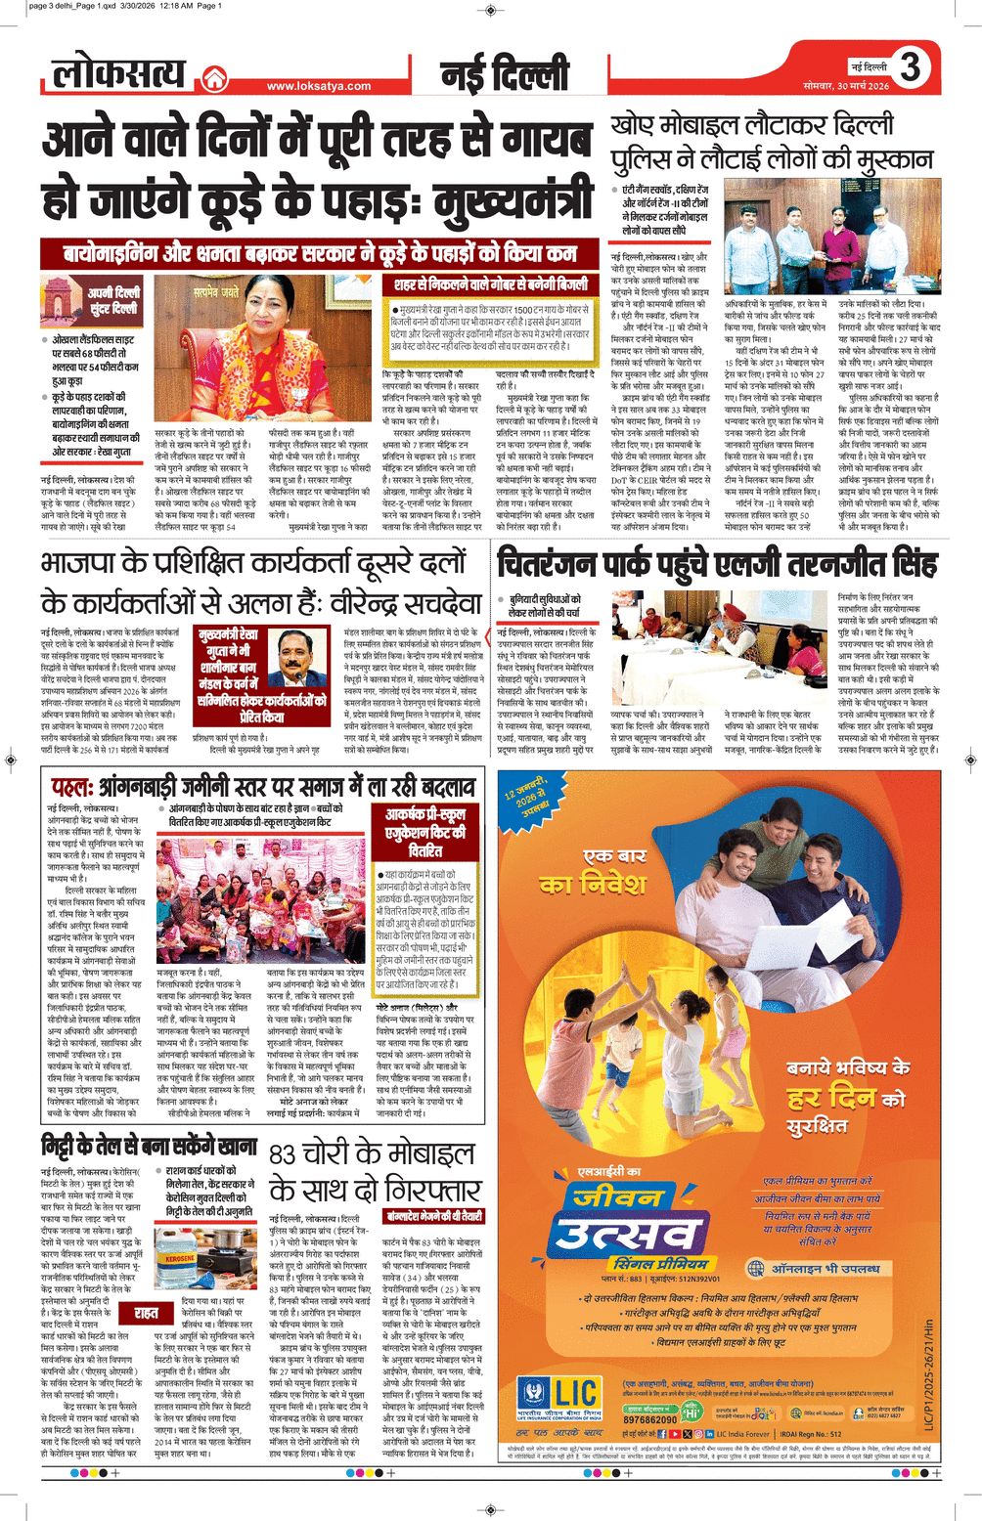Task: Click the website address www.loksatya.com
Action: [318, 86]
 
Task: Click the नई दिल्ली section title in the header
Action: [504, 74]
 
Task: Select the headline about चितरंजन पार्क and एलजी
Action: [716, 565]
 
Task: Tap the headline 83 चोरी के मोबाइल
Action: [375, 1170]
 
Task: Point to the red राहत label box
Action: [147, 1313]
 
